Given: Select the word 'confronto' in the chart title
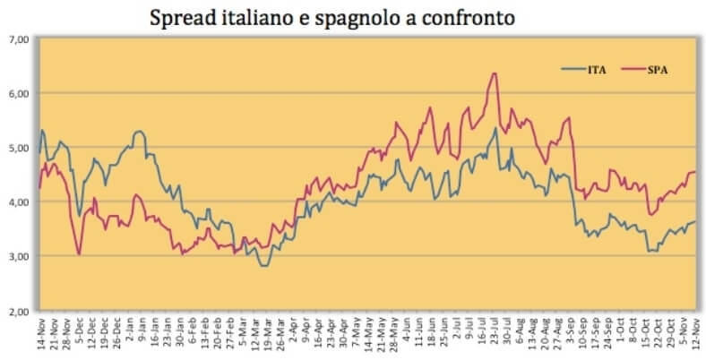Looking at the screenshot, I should click(473, 17).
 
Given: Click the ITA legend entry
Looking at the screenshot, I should click(586, 68).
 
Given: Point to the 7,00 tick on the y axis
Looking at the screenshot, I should click(19, 39).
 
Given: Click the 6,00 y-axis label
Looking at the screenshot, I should click(19, 93).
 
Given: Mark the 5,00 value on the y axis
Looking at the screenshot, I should click(19, 148).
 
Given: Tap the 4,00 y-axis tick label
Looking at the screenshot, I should click(19, 202).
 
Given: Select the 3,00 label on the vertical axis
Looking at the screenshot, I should click(19, 256).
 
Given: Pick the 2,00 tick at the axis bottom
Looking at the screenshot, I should click(19, 311).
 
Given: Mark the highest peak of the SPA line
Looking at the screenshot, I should click(495, 73).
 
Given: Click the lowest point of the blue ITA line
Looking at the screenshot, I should click(263, 266).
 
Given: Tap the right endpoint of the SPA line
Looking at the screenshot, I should click(695, 172).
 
